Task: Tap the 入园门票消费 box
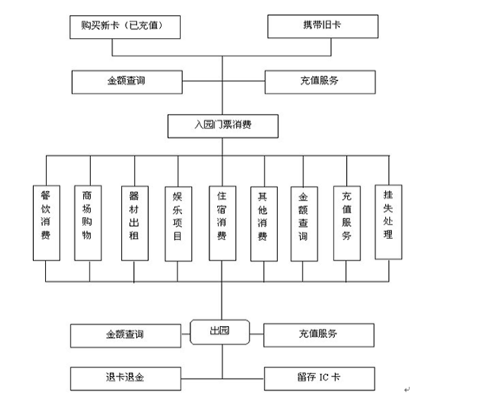[222, 124]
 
